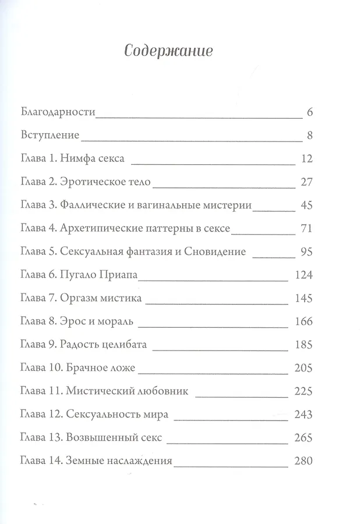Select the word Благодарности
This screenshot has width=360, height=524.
(57, 111)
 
